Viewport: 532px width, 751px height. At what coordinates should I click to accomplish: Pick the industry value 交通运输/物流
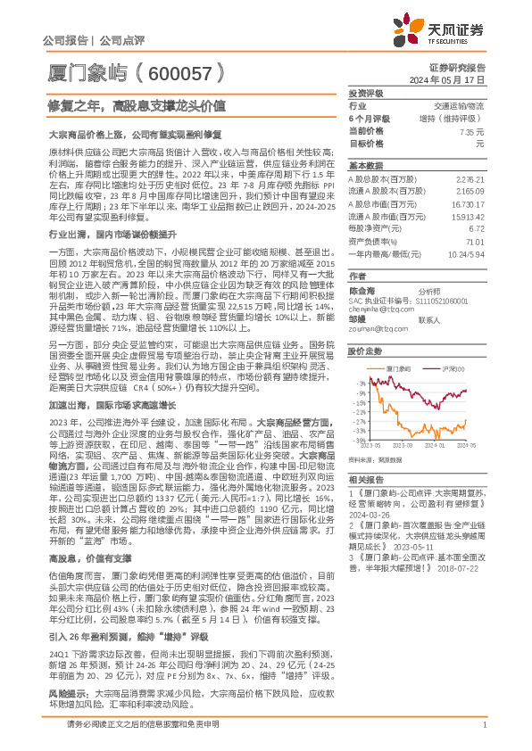click(x=460, y=105)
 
